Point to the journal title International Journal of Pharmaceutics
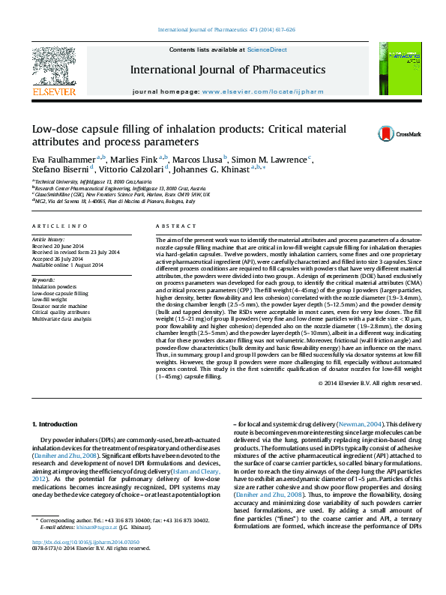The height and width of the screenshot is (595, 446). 227,70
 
